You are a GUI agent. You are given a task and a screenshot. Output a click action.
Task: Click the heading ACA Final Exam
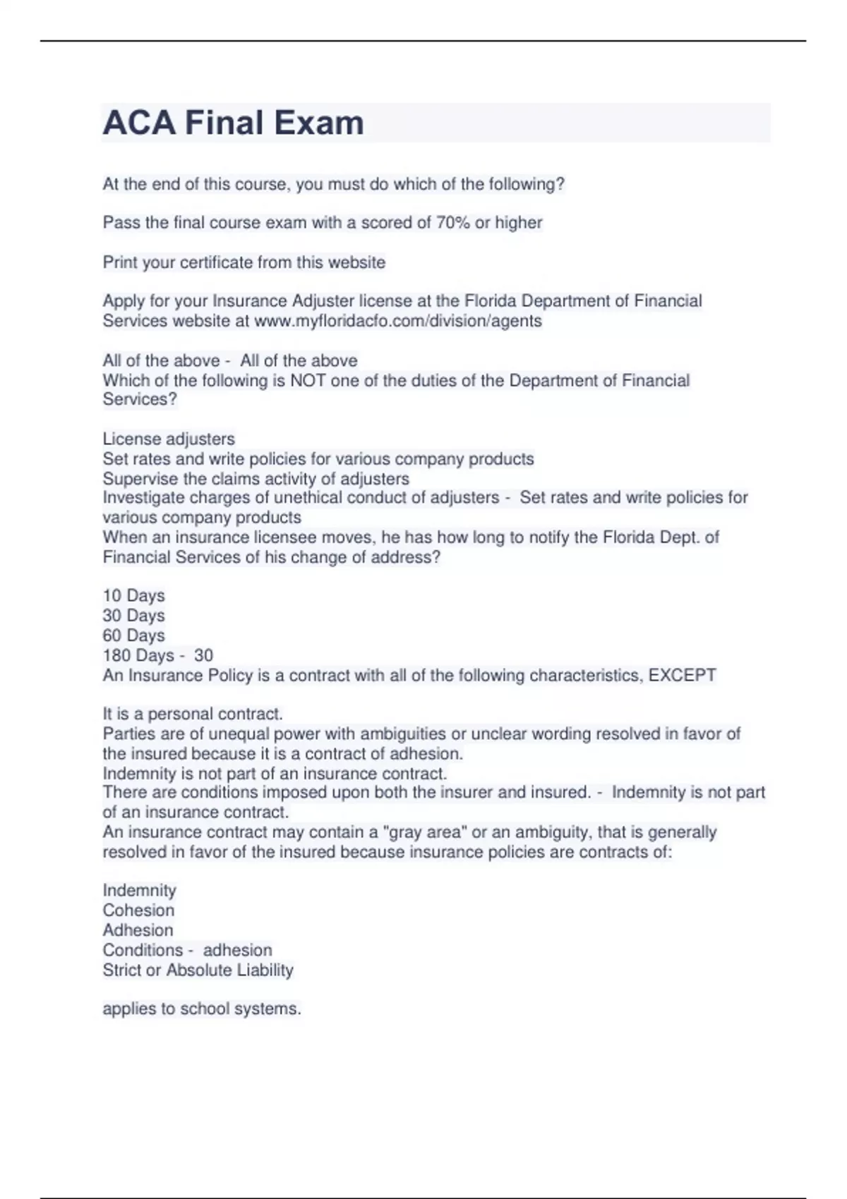233,123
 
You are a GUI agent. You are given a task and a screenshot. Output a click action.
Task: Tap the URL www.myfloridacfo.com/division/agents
397,321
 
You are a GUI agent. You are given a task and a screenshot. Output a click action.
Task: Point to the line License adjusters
169,439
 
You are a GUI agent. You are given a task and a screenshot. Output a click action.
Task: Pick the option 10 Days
133,596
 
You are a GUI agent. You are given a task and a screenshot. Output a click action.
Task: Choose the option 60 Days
133,635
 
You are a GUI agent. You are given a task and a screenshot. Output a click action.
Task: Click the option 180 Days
138,655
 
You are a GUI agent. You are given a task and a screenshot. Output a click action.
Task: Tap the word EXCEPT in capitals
682,676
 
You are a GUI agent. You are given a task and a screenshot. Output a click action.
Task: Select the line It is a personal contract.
193,714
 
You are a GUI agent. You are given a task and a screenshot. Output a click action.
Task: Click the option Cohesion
138,911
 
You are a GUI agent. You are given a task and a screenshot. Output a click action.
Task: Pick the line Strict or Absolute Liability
198,970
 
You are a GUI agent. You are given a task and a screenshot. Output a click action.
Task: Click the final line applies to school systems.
202,1009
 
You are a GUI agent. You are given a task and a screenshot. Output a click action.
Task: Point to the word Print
120,262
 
